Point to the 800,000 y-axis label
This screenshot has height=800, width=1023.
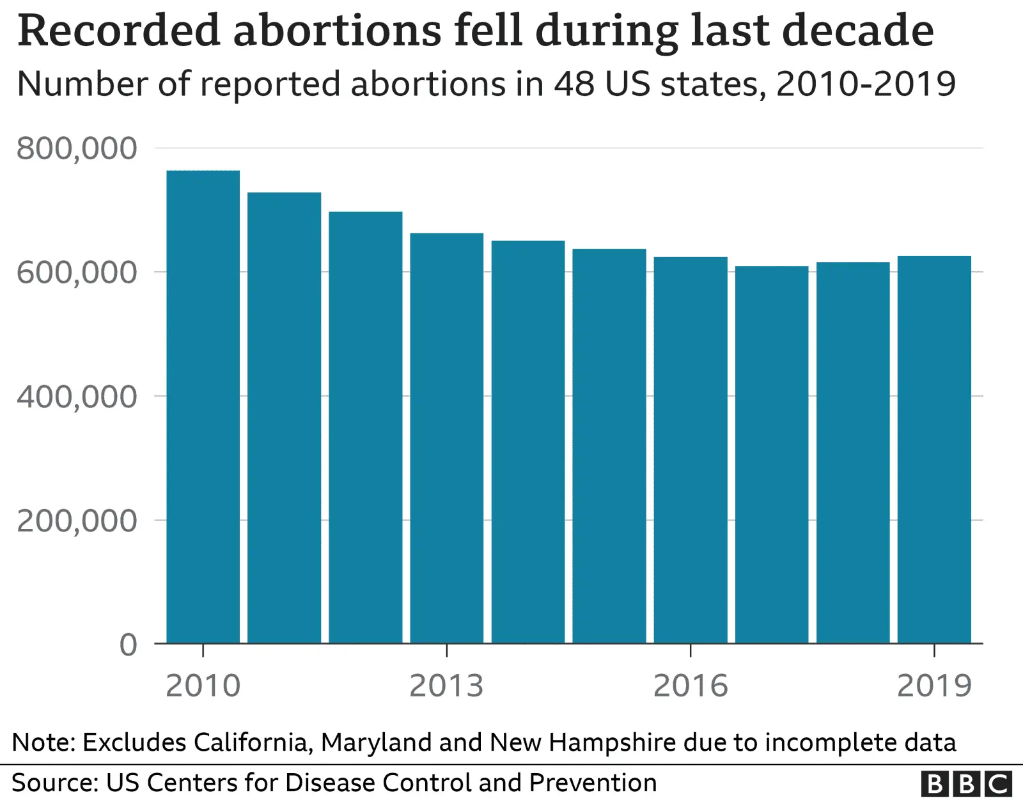click(77, 148)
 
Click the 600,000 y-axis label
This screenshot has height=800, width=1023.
click(77, 273)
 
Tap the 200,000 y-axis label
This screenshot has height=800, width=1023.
click(77, 521)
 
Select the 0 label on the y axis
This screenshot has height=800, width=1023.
click(129, 645)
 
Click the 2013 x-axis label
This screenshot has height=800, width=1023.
click(446, 686)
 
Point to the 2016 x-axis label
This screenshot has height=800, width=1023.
click(691, 686)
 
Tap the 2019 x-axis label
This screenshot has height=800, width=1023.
click(934, 686)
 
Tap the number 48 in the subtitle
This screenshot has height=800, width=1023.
click(574, 84)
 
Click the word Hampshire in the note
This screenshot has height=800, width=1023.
click(612, 742)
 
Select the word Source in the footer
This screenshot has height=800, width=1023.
click(54, 783)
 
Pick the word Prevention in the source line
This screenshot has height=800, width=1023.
click(593, 783)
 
